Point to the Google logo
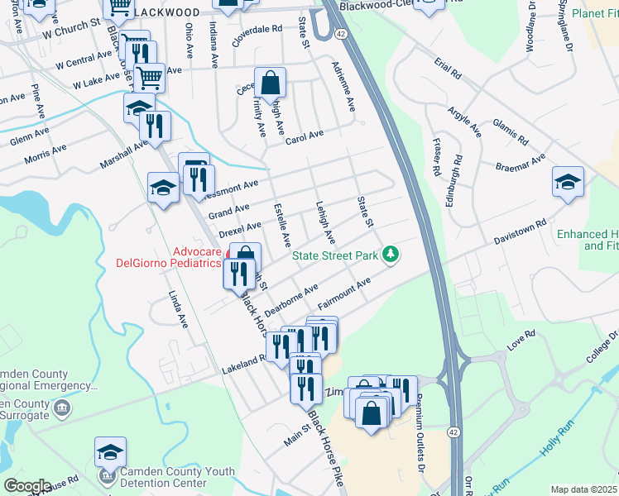click(27, 486)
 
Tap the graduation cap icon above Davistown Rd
click(568, 182)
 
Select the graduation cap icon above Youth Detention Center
click(110, 452)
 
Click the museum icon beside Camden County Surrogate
click(60, 408)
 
